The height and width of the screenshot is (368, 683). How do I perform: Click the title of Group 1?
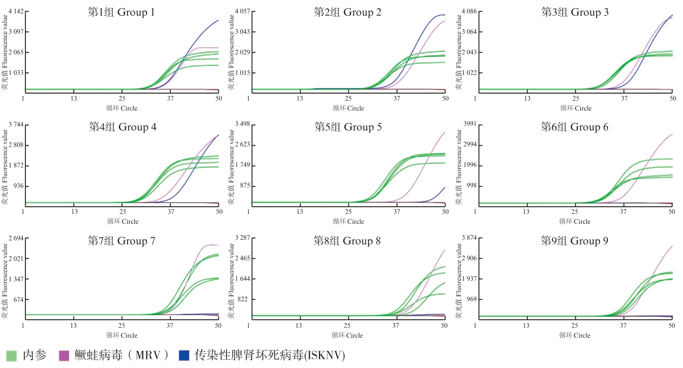121,12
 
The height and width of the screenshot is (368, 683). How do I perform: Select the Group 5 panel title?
348,127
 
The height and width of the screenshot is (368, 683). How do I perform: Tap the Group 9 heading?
574,241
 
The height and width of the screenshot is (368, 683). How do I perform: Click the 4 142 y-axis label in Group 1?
16,11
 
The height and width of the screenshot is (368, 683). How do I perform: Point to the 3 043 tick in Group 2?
243,32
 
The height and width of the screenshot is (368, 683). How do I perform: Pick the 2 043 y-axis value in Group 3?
469,52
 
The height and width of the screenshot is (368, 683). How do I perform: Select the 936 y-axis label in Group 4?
19,186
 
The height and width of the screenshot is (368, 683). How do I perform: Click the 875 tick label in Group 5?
245,186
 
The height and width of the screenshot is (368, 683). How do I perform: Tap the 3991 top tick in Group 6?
470,124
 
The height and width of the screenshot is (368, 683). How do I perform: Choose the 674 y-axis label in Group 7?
19,300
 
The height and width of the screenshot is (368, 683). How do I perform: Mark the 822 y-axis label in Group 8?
243,299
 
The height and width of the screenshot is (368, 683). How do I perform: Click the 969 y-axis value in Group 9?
472,299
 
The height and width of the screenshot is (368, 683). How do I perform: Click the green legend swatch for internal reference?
12,356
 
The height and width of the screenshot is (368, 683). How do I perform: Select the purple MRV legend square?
64,356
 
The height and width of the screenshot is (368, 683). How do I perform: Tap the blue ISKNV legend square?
184,356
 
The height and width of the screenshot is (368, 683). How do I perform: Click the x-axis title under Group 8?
347,335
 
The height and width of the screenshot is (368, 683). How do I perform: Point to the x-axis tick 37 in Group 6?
623,212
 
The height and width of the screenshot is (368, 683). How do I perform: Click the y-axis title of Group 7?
5,280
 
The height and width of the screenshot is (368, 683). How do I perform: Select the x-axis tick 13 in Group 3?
527,98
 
